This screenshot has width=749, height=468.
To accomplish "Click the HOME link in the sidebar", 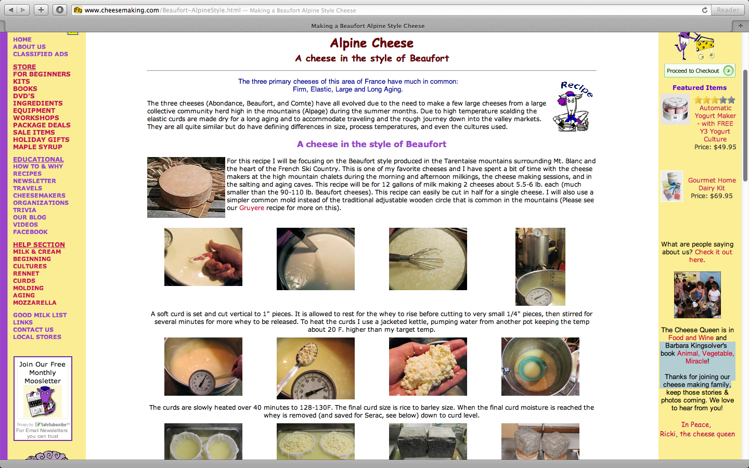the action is pos(22,40).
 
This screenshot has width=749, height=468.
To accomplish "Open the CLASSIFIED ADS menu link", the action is pos(41,54).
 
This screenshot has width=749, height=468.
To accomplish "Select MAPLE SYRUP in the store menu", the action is pos(37,147).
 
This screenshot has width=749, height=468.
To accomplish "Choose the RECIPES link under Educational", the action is pos(27,174).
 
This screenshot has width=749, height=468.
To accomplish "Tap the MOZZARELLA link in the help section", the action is pos(35,303).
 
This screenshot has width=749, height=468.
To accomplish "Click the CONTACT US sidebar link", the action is pos(33,330).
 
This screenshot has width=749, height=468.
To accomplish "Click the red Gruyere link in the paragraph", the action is pos(251,208).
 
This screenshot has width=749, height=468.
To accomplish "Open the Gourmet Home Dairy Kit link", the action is pos(712,184).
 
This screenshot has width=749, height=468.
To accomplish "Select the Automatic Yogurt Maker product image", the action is pos(675,109).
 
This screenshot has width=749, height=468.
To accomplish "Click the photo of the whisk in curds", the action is pos(428,259).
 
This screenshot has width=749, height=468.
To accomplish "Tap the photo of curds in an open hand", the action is pos(428,367).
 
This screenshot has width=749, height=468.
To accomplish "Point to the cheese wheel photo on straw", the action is pos(186,188).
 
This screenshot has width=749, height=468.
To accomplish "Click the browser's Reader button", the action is pos(728,10).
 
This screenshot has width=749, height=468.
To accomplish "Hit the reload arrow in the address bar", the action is pos(704,10).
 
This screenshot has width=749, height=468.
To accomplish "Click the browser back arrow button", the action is pos(11,10).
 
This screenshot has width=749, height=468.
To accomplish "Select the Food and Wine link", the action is pos(691,338).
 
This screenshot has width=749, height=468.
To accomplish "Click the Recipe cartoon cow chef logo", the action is pos(573,106).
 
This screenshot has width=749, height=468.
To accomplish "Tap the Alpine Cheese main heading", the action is pos(371,43).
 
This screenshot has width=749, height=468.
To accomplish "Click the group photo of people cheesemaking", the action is pos(697,294).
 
